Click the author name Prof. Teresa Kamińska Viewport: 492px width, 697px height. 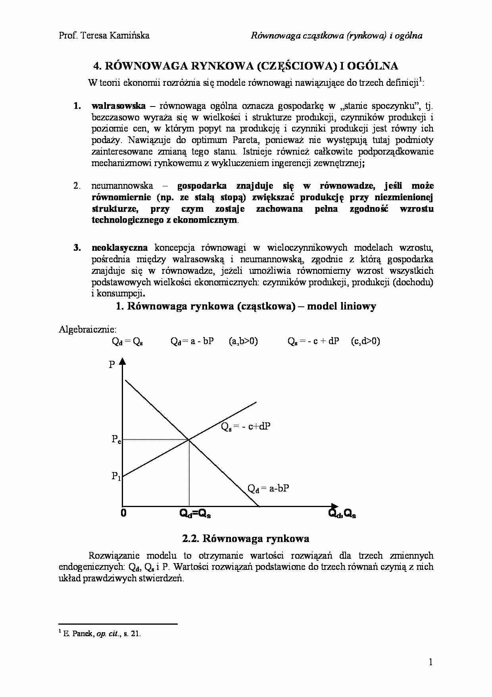(104, 35)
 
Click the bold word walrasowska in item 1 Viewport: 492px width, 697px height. (118, 106)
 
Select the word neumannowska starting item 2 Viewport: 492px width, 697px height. (122, 186)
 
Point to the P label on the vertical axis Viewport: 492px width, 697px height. (111, 364)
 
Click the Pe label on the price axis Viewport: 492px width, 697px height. (116, 439)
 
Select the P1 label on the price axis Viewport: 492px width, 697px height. (116, 476)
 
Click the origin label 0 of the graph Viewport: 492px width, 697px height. (123, 513)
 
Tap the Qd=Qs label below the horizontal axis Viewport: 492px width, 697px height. (195, 514)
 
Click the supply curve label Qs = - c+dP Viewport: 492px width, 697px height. (246, 427)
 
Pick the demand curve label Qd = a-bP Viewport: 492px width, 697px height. (268, 488)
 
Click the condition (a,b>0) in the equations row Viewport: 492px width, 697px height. (243, 341)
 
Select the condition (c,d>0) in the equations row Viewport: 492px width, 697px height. (365, 341)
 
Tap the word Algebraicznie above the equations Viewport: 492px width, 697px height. (88, 329)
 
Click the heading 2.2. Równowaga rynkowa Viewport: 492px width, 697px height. (246, 538)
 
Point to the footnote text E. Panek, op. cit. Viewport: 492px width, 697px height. (102, 633)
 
